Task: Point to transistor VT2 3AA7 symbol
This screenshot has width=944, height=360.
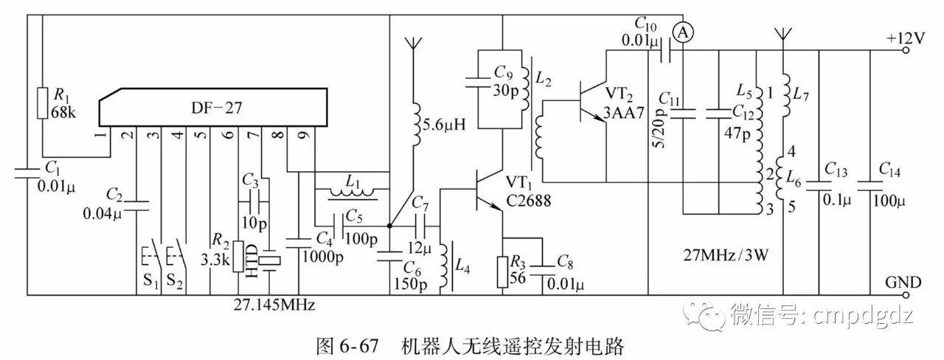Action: click(591, 100)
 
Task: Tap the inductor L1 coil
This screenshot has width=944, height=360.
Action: click(351, 194)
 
